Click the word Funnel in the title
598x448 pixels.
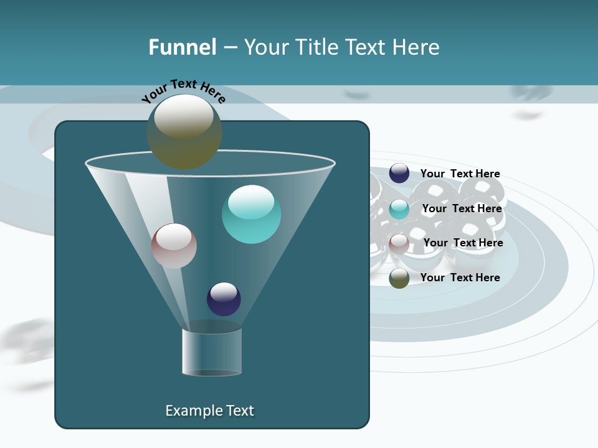[x=183, y=47]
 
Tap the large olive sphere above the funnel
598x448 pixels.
[x=184, y=131]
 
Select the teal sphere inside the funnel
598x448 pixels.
[x=251, y=214]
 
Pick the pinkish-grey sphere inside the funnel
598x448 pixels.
[x=174, y=246]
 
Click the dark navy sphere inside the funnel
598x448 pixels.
[x=224, y=299]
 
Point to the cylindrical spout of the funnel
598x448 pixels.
[x=212, y=351]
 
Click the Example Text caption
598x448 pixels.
[x=209, y=411]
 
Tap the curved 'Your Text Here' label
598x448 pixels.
[x=183, y=91]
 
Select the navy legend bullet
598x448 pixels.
[x=399, y=174]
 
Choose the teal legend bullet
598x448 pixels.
[x=399, y=209]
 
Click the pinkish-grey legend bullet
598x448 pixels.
[x=399, y=243]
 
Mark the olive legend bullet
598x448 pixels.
[x=399, y=278]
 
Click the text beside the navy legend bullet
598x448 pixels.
[x=460, y=174]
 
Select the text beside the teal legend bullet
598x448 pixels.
[x=462, y=208]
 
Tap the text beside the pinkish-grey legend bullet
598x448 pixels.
[x=463, y=243]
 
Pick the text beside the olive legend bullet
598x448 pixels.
[x=460, y=278]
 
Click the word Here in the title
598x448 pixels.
[x=417, y=47]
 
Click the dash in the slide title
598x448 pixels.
[x=230, y=47]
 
